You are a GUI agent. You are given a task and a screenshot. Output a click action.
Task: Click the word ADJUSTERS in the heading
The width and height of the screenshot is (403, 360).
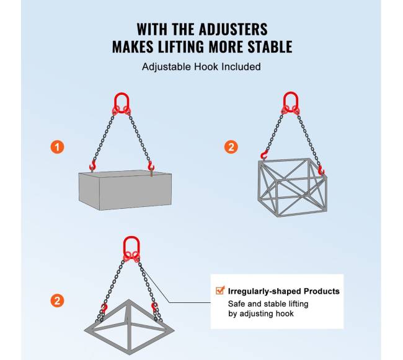tap(233, 29)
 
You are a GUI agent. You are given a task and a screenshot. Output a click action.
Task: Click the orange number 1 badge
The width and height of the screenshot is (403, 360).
tap(57, 147)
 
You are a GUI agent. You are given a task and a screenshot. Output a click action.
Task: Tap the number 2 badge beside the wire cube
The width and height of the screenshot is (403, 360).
tap(231, 147)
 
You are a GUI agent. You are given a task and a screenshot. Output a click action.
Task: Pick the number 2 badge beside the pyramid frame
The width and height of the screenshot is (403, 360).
tap(57, 301)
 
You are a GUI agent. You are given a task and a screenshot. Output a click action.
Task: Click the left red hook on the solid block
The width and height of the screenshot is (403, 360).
tap(92, 165)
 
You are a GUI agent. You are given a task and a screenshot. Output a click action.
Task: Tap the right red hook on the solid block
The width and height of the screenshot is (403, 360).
tap(151, 165)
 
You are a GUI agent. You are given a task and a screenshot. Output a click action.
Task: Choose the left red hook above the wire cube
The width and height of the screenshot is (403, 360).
tap(264, 155)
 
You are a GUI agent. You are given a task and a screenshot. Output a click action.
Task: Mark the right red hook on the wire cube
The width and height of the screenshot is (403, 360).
tap(321, 170)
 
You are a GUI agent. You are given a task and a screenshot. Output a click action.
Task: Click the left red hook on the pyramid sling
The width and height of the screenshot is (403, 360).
tap(104, 307)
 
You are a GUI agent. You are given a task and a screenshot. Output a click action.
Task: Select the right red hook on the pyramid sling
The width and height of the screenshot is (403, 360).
tap(154, 307)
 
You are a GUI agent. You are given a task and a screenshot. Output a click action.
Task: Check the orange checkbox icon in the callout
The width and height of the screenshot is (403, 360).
tap(220, 291)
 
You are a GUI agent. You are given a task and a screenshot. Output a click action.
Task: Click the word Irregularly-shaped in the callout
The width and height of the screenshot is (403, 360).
tap(265, 291)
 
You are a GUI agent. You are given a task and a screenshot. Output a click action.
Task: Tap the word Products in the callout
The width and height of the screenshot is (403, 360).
tap(322, 291)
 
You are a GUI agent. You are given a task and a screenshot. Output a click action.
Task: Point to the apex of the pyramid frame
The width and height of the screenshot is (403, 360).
tap(128, 300)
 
